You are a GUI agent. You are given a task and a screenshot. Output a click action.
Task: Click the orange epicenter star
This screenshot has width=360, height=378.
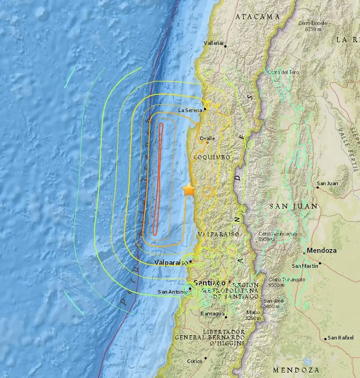pos(189,189)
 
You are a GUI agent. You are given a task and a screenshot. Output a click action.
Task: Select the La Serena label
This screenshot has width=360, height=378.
pos(191,110)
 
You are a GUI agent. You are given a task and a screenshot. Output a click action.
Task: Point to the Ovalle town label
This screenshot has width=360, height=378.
pos(207,138)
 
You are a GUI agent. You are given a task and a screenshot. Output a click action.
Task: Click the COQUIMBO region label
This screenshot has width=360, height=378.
pos(213,157)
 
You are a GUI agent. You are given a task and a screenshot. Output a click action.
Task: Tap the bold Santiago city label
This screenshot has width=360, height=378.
pos(210,283)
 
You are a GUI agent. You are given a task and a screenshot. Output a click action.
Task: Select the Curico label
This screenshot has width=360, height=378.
pos(195,361)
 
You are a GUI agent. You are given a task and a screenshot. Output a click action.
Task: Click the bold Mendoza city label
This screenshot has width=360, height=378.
pos(322,251)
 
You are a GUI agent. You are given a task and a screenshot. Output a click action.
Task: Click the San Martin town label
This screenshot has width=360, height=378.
pos(304,266)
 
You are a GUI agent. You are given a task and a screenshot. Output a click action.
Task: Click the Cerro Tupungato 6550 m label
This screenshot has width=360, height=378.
pos(282,282)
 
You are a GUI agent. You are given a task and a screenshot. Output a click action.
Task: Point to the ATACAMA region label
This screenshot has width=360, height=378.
pos(257,17)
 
